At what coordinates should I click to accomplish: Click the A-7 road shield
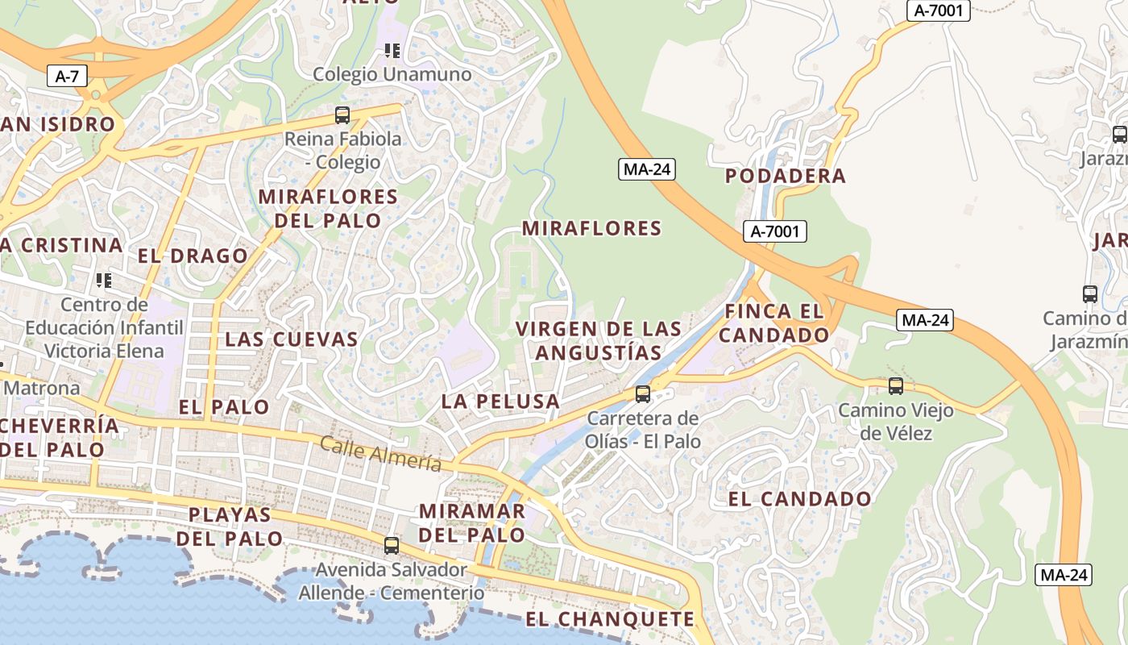[66, 77]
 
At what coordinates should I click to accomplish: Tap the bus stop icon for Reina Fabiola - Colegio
[342, 115]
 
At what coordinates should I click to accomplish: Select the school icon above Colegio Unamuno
[392, 52]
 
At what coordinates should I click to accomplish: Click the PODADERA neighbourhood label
[786, 176]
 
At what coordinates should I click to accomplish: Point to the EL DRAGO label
[193, 256]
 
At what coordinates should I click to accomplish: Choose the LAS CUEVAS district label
[291, 339]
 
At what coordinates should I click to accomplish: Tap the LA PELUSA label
[500, 402]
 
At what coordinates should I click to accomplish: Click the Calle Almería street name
[380, 454]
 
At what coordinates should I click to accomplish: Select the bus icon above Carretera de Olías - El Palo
[642, 394]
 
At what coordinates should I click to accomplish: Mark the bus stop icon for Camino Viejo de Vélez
[895, 386]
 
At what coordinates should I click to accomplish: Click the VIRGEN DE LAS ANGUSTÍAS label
[599, 341]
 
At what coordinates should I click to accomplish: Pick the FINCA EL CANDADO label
[774, 322]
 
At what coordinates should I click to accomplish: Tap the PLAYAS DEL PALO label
[230, 526]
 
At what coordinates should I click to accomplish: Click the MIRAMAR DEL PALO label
[472, 522]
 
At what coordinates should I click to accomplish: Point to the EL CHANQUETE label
[610, 619]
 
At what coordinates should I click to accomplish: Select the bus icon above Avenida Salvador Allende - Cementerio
[392, 546]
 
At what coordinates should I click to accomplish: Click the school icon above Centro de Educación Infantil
[103, 281]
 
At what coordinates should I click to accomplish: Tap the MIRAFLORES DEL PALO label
[328, 209]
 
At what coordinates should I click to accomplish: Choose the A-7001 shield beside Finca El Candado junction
[774, 232]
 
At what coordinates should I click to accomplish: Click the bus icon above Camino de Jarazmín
[1090, 294]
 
